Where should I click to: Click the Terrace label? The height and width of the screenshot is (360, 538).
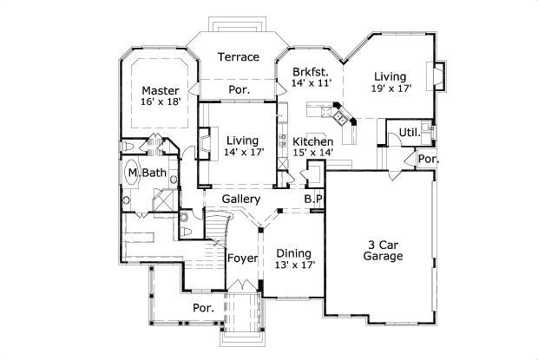point(238,57)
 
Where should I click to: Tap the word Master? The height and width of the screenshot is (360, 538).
point(161,90)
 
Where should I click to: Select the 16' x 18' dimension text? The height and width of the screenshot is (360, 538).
point(160,102)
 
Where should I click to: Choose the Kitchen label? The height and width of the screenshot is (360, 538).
point(313,141)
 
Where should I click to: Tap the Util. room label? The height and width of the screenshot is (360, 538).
point(409,133)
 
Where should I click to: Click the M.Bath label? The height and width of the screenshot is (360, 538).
point(148,173)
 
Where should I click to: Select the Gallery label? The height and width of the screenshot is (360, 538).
point(241,199)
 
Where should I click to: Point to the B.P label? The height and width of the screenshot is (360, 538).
point(313,199)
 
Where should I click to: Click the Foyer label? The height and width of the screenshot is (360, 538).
point(242,259)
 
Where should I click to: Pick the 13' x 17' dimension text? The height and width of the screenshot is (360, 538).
point(295,265)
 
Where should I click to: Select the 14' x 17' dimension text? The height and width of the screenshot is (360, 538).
point(243,152)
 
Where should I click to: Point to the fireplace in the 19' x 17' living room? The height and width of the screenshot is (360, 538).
point(439,76)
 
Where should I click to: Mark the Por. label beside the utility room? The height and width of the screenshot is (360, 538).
point(427,160)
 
